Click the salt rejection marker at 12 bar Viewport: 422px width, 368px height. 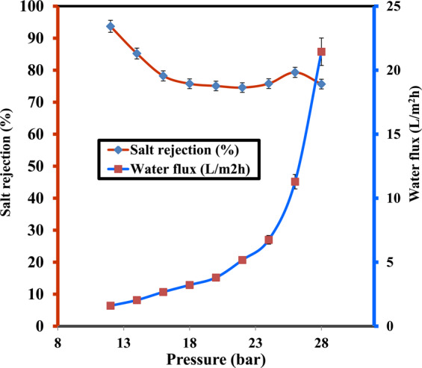[111, 27]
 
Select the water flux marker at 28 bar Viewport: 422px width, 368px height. [321, 52]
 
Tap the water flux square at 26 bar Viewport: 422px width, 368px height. [295, 181]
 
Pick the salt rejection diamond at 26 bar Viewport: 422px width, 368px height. [295, 72]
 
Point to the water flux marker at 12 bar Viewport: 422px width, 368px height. [111, 306]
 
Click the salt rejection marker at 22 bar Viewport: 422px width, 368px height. [242, 87]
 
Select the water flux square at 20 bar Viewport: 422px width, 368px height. [216, 278]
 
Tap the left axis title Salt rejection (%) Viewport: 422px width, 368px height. [9, 166]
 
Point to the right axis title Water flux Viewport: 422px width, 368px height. [413, 166]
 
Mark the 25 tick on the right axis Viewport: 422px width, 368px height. [391, 6]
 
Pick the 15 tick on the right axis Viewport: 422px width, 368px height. [391, 134]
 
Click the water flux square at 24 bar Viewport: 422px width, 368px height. [269, 240]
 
